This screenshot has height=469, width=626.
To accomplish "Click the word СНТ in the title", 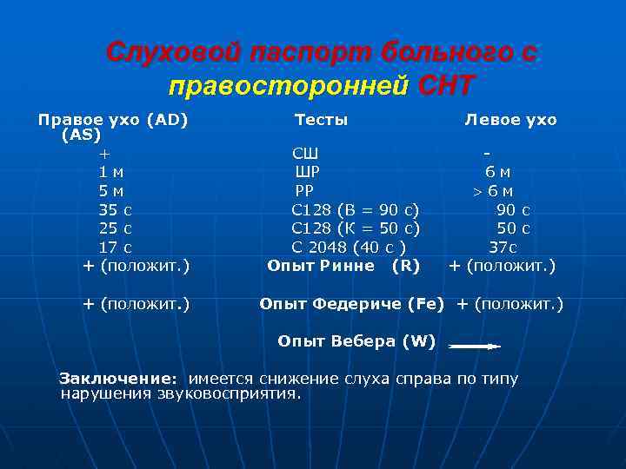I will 447,85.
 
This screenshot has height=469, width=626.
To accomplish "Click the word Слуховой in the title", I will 173,53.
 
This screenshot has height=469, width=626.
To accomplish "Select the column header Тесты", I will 321,120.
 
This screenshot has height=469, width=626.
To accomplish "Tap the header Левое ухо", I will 511,120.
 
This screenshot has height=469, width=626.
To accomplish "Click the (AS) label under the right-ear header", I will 81,135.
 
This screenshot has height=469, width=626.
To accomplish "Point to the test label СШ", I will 305,155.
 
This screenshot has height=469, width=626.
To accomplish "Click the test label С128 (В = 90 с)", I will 356,210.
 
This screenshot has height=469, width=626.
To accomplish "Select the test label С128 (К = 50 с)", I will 356,228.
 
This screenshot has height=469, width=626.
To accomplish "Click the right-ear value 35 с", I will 116,210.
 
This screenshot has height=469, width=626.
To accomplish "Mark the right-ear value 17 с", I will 116,248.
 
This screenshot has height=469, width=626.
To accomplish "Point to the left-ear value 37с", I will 503,248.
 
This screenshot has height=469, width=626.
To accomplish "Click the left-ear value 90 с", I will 513,210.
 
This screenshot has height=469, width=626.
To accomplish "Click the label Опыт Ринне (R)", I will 343,266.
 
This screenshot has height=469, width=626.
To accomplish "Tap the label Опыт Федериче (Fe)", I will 352,304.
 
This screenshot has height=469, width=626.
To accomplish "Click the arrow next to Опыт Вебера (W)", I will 474,346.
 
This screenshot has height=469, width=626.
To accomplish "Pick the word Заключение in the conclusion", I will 117,379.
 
